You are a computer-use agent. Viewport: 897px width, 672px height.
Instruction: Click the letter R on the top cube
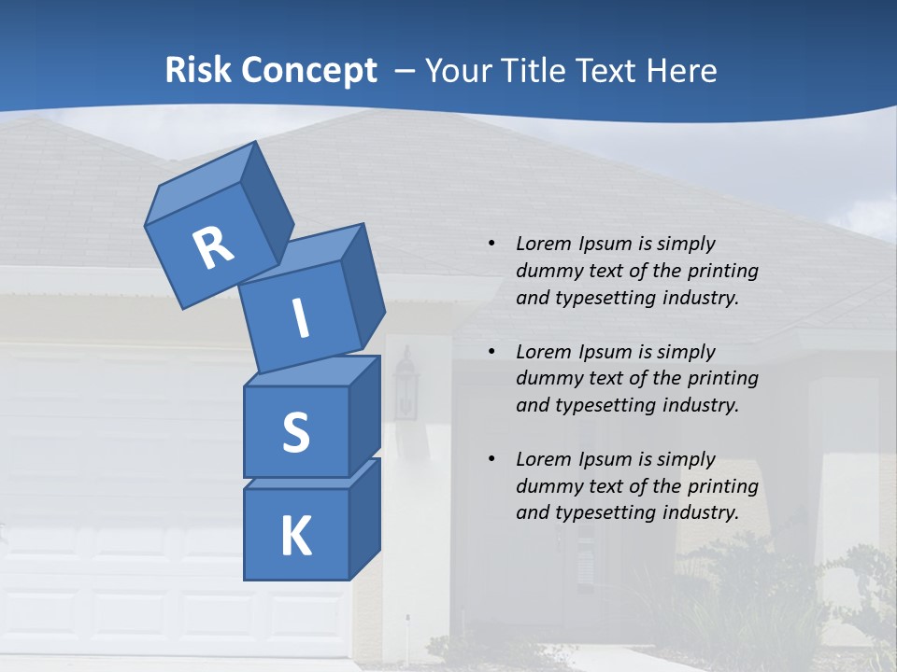click(x=214, y=247)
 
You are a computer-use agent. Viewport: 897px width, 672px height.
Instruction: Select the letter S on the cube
click(x=295, y=432)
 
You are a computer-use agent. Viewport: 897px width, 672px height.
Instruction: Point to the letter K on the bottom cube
click(x=295, y=537)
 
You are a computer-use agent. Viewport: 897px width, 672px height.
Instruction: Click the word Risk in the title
click(x=198, y=70)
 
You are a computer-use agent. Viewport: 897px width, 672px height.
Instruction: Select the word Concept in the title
click(x=308, y=71)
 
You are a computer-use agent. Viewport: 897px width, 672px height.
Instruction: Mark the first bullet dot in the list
click(x=491, y=244)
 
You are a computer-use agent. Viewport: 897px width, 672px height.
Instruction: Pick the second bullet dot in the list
click(x=491, y=352)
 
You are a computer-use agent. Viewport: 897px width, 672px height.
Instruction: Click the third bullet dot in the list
click(x=491, y=459)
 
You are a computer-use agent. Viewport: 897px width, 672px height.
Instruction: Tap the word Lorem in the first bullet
click(x=542, y=244)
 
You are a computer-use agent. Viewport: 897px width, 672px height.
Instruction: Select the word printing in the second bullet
click(x=722, y=379)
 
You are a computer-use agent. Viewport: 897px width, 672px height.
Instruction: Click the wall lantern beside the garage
click(x=406, y=383)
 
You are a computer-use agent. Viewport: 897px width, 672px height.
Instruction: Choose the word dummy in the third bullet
click(x=548, y=486)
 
